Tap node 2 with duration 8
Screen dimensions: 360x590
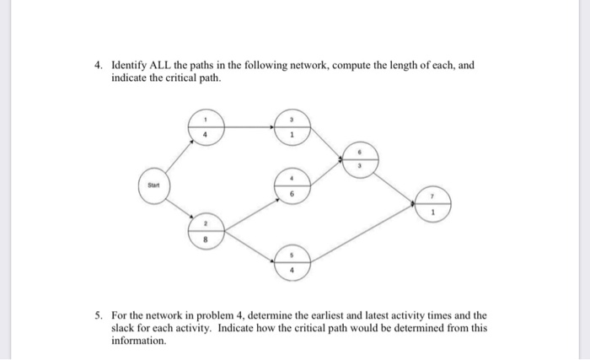point(205,232)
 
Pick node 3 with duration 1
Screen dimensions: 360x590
point(292,126)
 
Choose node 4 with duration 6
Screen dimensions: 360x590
point(292,185)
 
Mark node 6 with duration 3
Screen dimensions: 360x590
point(361,159)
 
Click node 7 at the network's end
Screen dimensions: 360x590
point(432,202)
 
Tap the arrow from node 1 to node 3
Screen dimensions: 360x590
point(247,127)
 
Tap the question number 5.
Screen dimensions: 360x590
point(98,315)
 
